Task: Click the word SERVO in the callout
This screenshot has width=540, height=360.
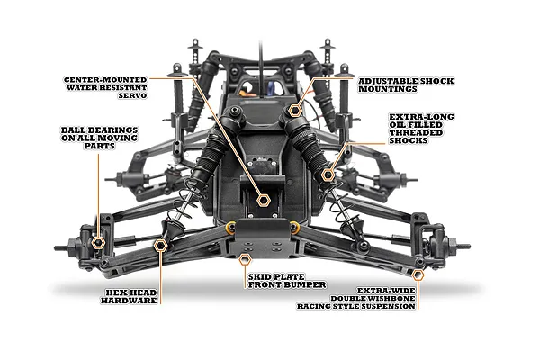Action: pos(132,95)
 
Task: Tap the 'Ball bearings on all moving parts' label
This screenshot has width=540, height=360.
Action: pos(99,138)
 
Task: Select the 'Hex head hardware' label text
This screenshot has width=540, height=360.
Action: pos(129,297)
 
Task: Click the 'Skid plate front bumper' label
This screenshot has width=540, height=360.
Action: pos(287,281)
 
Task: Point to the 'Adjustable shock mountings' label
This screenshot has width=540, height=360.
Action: pos(406,85)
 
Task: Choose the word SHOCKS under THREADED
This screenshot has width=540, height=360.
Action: pos(409,140)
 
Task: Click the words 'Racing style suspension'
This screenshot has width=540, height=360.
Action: pos(356,306)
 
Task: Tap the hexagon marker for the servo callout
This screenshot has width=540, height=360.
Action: pos(264,200)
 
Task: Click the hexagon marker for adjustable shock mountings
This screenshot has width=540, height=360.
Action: pos(295,111)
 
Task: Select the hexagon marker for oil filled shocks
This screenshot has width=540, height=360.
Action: pos(328,175)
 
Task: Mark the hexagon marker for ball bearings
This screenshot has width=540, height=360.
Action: pos(98,243)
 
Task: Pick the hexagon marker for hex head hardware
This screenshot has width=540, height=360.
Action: pos(160,246)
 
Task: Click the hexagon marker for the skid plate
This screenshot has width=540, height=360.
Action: pos(245,259)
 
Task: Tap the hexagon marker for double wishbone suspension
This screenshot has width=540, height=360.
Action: pos(418,274)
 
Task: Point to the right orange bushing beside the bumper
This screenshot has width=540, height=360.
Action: pos(294,227)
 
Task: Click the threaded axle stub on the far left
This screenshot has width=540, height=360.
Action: pos(61,247)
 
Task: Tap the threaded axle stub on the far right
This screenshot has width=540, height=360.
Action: pos(463,247)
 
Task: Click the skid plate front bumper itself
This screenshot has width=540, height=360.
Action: pos(263,238)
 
